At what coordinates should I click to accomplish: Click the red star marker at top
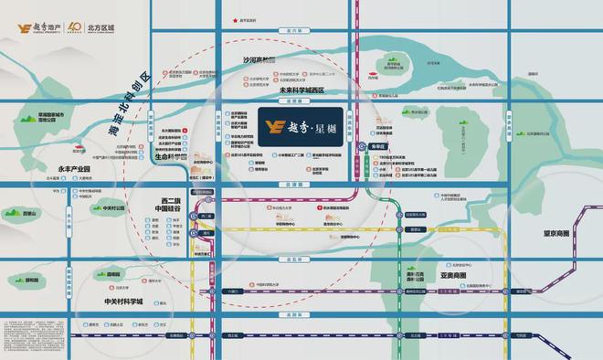(x=235, y=19)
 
